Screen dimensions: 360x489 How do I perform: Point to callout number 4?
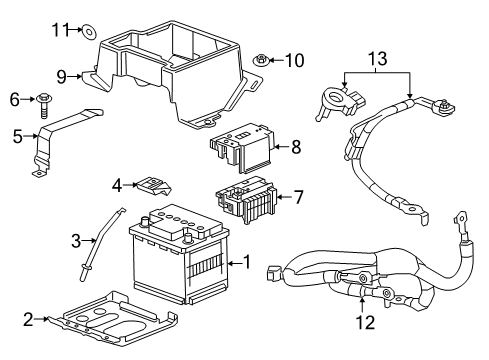[x=117, y=184]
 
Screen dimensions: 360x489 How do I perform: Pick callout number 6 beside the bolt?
[x=15, y=99]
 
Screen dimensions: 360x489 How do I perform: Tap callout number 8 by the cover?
[x=295, y=147]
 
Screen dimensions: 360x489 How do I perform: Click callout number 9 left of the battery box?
[x=61, y=75]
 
